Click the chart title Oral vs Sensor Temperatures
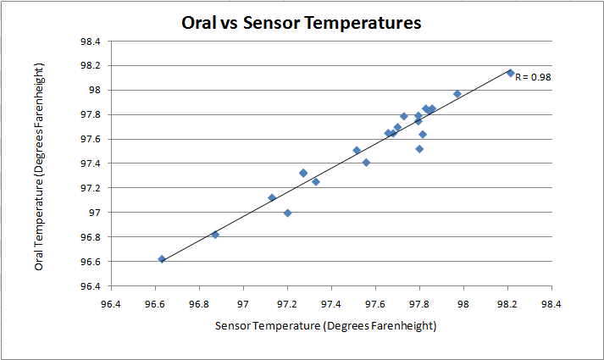[x=302, y=23]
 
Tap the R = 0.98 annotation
[x=534, y=77]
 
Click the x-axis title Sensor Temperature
[x=325, y=325]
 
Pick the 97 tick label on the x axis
[x=244, y=302]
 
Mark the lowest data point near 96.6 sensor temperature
[x=162, y=259]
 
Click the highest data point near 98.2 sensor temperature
[x=510, y=73]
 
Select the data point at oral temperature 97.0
[x=288, y=213]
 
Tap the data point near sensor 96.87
[x=215, y=235]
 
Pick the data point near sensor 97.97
[x=457, y=94]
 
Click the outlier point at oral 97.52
[x=419, y=149]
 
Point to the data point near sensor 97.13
[x=272, y=198]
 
